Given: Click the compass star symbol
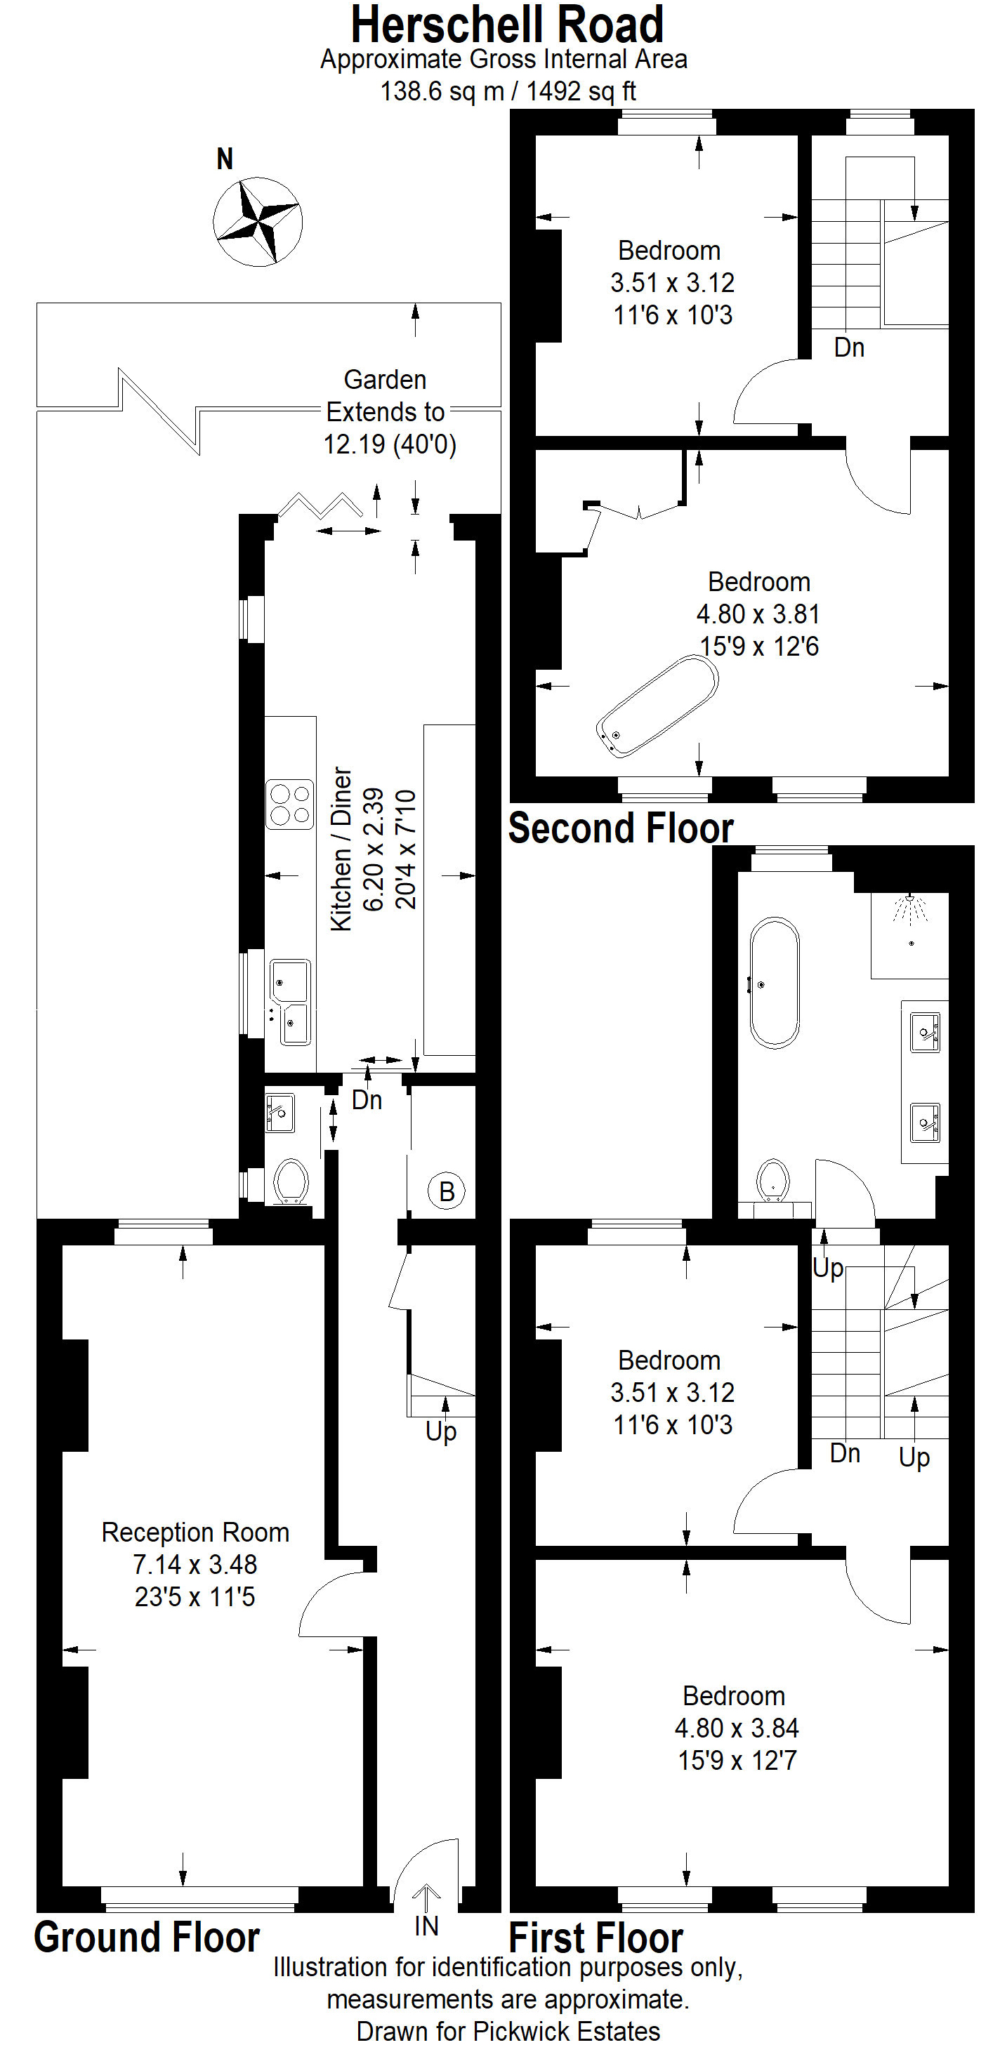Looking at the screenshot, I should (x=257, y=221).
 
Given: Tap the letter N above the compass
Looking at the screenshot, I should (x=225, y=159).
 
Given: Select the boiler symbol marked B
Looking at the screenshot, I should (x=446, y=1192).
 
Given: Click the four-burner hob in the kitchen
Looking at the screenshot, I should (x=289, y=805).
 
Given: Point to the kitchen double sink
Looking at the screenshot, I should (x=290, y=1002).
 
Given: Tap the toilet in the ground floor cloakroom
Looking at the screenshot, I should (x=291, y=1182).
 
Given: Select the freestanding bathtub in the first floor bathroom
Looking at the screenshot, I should (x=774, y=983).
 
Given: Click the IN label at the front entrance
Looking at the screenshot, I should (x=426, y=1926).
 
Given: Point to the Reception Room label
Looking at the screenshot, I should (x=195, y=1533).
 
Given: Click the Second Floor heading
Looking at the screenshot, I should (x=621, y=828).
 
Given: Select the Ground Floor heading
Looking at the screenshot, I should (x=147, y=1938).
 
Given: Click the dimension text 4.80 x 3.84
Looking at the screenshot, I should (x=736, y=1728).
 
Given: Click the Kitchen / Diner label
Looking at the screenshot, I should (x=341, y=848).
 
